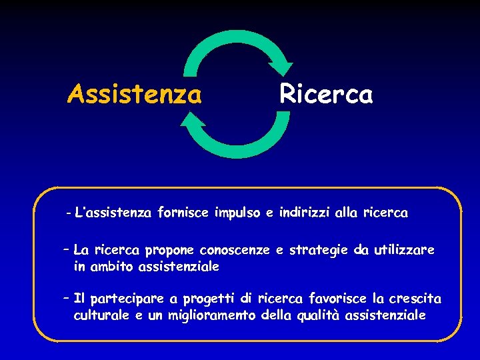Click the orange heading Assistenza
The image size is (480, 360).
click(x=134, y=95)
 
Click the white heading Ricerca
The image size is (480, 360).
click(x=326, y=94)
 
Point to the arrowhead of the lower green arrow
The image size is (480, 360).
click(x=192, y=121)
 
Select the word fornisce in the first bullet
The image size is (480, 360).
click(x=184, y=213)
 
